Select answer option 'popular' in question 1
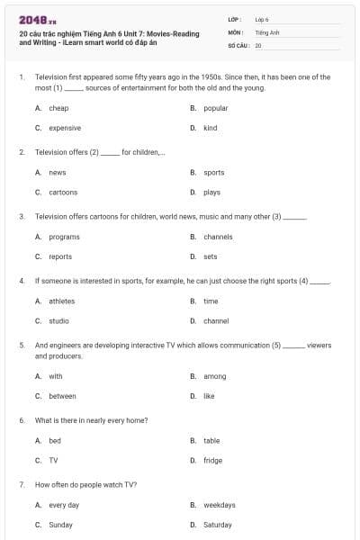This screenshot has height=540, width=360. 215,108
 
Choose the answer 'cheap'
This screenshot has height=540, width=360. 58,108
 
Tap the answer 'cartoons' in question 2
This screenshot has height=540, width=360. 63,193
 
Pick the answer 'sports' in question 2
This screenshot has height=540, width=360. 213,172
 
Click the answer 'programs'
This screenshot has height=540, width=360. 64,237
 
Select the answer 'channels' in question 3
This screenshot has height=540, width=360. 217,237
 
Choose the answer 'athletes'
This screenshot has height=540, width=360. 62,301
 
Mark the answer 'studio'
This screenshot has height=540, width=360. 58,321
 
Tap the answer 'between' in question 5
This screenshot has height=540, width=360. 62,396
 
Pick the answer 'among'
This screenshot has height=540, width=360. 214,376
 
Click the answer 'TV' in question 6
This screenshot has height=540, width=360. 53,461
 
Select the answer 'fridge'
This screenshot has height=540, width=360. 212,461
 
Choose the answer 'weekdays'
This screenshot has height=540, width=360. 219,505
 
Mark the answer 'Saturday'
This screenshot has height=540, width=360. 217,525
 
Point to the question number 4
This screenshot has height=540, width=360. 21,281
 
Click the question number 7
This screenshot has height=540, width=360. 21,484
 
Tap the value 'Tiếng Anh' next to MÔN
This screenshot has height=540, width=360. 267,31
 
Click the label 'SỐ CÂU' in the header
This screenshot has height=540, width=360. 238,44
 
